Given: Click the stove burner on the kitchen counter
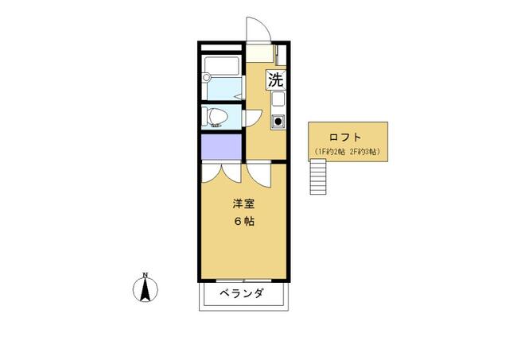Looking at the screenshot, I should click(278, 122).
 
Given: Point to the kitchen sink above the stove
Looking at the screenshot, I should click(278, 101).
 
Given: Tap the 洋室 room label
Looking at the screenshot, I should click(243, 203).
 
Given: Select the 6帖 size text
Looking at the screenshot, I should click(243, 222).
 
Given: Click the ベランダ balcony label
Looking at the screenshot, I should click(242, 293).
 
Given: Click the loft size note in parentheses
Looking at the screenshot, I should click(348, 151).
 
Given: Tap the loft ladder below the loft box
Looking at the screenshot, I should click(318, 176).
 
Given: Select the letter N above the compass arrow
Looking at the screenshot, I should click(145, 275).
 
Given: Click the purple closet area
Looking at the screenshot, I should click(220, 147).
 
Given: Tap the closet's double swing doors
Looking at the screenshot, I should click(220, 171).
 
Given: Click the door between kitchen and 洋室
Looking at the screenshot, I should click(258, 172).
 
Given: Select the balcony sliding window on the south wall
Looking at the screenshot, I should click(243, 280).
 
